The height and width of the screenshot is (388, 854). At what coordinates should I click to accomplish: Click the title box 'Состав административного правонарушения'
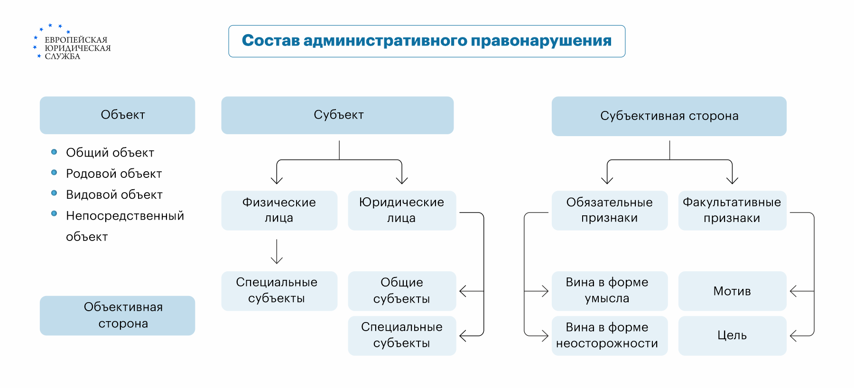click(427, 41)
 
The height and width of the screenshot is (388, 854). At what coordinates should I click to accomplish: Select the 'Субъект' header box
click(337, 115)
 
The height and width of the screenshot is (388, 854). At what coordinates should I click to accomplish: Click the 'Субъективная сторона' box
click(668, 116)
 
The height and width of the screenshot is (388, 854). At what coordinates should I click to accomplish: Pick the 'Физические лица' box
click(279, 211)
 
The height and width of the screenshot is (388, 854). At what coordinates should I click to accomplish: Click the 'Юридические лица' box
click(401, 211)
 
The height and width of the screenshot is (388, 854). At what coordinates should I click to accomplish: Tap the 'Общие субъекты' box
click(401, 291)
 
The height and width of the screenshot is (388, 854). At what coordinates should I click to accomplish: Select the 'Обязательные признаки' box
click(609, 211)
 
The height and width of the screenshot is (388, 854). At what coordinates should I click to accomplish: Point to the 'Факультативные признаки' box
click(732, 211)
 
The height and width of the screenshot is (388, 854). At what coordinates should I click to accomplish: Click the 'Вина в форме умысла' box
click(609, 291)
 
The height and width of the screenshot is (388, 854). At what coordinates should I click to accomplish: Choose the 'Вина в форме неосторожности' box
click(609, 335)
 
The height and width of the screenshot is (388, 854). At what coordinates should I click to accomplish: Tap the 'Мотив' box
click(732, 291)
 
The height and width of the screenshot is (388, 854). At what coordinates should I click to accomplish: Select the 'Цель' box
click(732, 335)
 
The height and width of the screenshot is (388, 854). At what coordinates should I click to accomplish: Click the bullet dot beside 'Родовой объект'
click(54, 173)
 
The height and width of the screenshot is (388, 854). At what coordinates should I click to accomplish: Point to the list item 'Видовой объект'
click(114, 195)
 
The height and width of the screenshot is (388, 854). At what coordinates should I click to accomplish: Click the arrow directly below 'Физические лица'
click(277, 252)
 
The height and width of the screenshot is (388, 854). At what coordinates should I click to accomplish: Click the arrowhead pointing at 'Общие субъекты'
click(463, 291)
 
